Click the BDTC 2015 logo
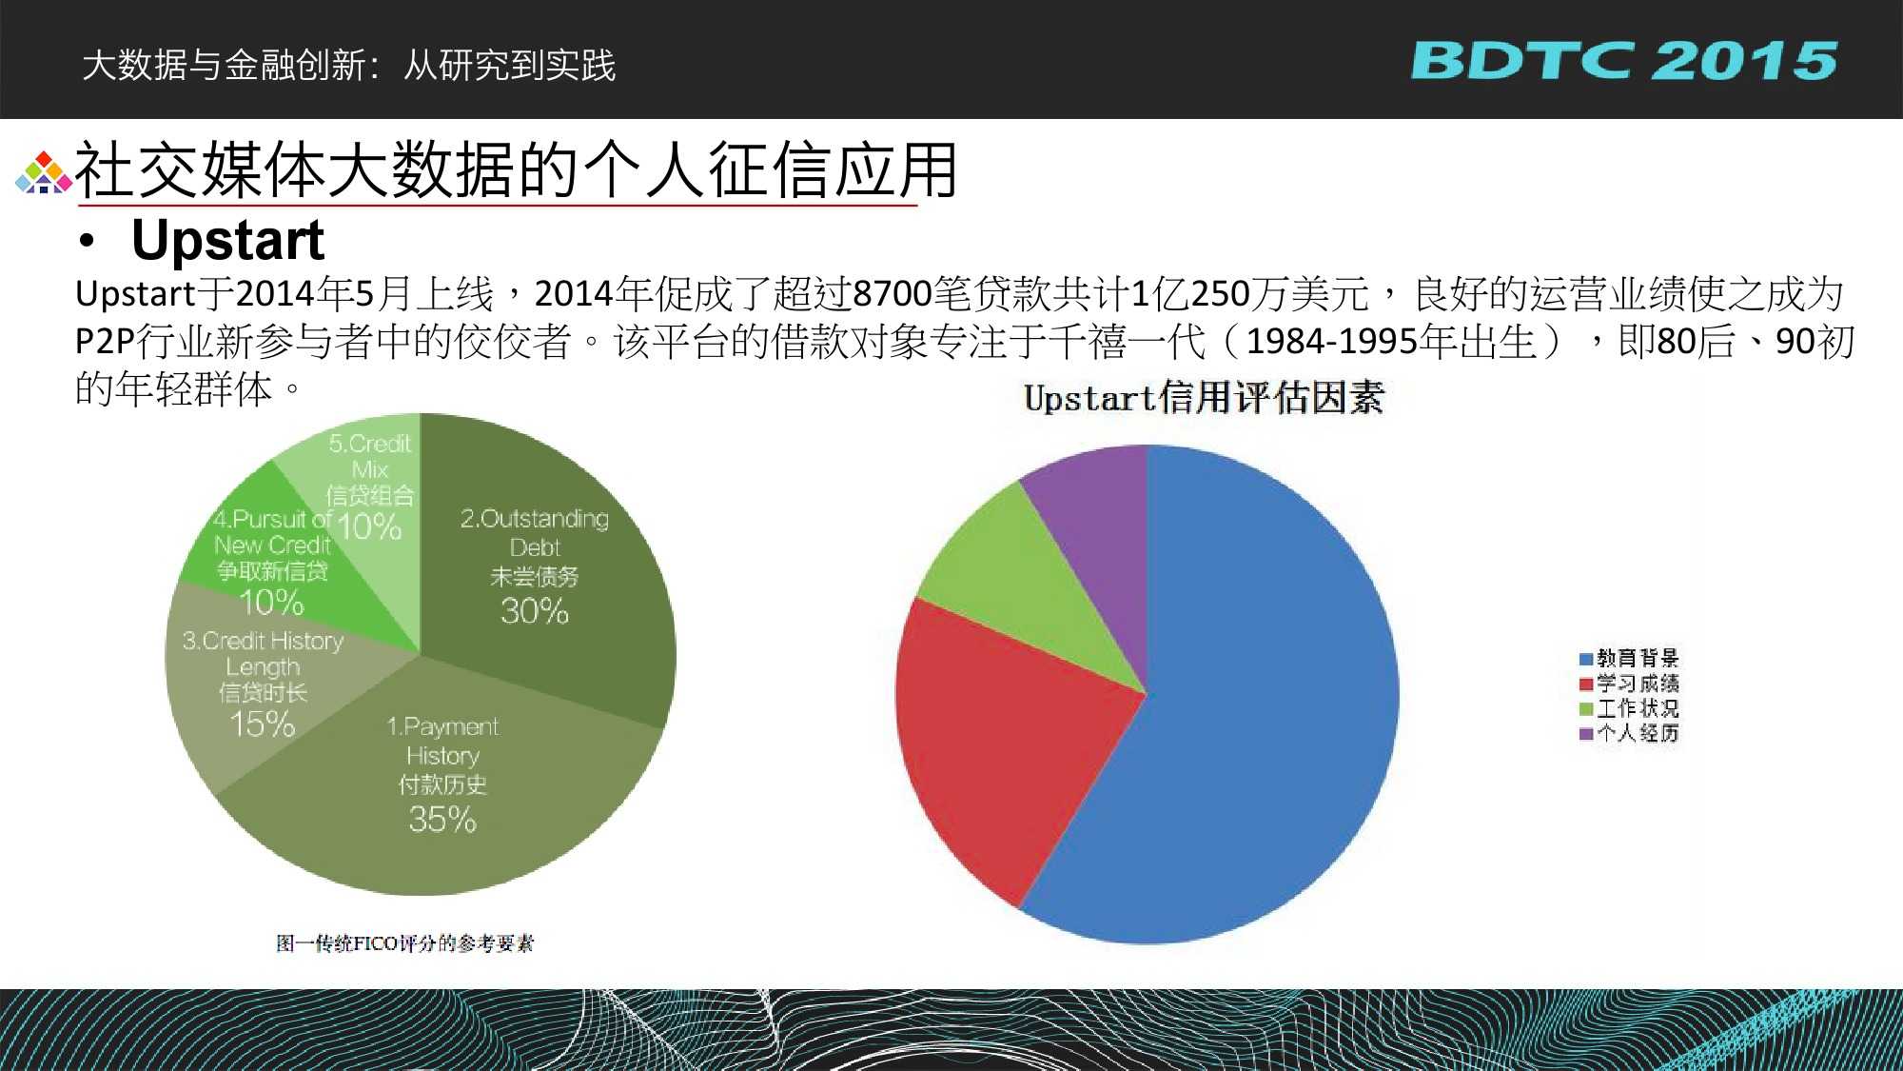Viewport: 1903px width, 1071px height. tap(1623, 60)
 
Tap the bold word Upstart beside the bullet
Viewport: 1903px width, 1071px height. tap(228, 240)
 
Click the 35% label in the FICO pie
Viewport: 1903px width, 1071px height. tap(442, 819)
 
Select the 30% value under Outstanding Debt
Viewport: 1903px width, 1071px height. tap(535, 610)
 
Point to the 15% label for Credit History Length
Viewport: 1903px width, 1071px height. tap(263, 724)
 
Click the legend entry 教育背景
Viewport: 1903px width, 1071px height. tap(1629, 658)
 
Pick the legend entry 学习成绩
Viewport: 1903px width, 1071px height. tap(1629, 684)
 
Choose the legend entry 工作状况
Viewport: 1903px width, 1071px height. tap(1629, 708)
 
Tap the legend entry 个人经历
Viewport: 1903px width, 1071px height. tap(1629, 733)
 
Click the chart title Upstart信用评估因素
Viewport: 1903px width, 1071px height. tap(1204, 398)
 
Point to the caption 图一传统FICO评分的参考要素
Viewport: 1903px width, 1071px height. tap(405, 943)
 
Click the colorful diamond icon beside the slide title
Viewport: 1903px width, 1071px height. tap(43, 172)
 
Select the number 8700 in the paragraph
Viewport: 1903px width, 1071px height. tap(893, 294)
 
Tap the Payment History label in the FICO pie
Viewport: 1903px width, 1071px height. tap(442, 741)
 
